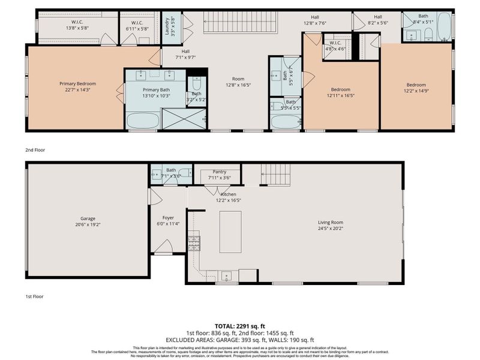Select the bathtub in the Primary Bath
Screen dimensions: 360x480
(143, 121)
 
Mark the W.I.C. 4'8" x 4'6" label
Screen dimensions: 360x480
(335, 46)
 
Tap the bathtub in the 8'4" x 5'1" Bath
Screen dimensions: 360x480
(444, 26)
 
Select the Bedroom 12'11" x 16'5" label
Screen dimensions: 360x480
(341, 92)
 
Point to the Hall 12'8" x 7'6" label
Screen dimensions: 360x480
(314, 20)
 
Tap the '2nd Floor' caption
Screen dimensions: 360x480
(35, 150)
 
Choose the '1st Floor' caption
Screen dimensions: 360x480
(34, 296)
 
